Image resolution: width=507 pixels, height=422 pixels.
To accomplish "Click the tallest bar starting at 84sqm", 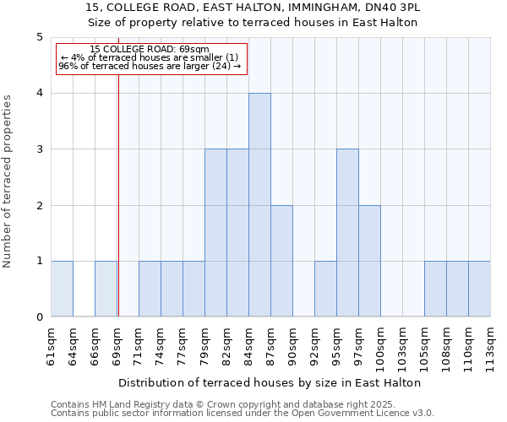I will (259, 205).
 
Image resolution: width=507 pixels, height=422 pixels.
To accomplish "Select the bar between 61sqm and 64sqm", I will (62, 289).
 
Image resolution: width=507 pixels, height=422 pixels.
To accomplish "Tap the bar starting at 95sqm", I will (347, 233).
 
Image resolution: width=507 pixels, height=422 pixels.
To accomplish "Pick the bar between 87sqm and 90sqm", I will (281, 261).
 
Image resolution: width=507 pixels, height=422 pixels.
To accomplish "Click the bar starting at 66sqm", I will (106, 289).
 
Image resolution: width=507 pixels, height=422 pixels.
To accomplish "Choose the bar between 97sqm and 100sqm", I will (369, 261).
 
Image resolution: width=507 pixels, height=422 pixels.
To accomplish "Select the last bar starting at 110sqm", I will (479, 289).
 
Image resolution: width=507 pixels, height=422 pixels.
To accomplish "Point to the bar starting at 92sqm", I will (325, 289).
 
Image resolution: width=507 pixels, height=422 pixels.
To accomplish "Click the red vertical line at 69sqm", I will (118, 194).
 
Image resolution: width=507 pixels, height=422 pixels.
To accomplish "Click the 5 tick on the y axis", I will (39, 37).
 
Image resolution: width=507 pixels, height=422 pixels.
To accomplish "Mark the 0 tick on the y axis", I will (39, 317).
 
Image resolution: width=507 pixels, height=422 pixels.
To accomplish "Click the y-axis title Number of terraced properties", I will (8, 181).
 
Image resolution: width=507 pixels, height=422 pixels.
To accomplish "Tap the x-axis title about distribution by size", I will (270, 382).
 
